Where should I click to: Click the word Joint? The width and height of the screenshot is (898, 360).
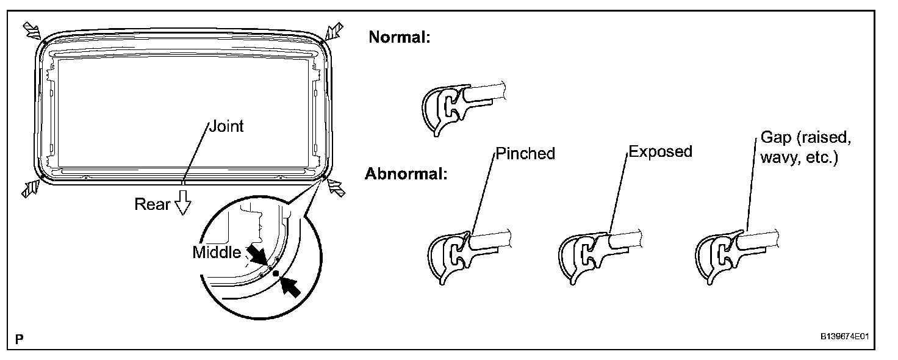pyautogui.click(x=226, y=126)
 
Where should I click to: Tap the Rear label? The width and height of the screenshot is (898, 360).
pyautogui.click(x=153, y=204)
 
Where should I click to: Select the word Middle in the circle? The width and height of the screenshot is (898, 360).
pyautogui.click(x=217, y=252)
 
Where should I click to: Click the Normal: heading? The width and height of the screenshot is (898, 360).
pyautogui.click(x=400, y=37)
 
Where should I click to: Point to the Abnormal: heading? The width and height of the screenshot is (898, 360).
pyautogui.click(x=406, y=174)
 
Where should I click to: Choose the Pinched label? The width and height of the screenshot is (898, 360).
pyautogui.click(x=525, y=153)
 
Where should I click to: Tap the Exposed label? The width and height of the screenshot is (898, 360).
pyautogui.click(x=660, y=151)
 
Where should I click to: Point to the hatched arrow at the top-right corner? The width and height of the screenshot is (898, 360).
pyautogui.click(x=334, y=30)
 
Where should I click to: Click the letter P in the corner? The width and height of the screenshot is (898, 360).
pyautogui.click(x=20, y=339)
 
